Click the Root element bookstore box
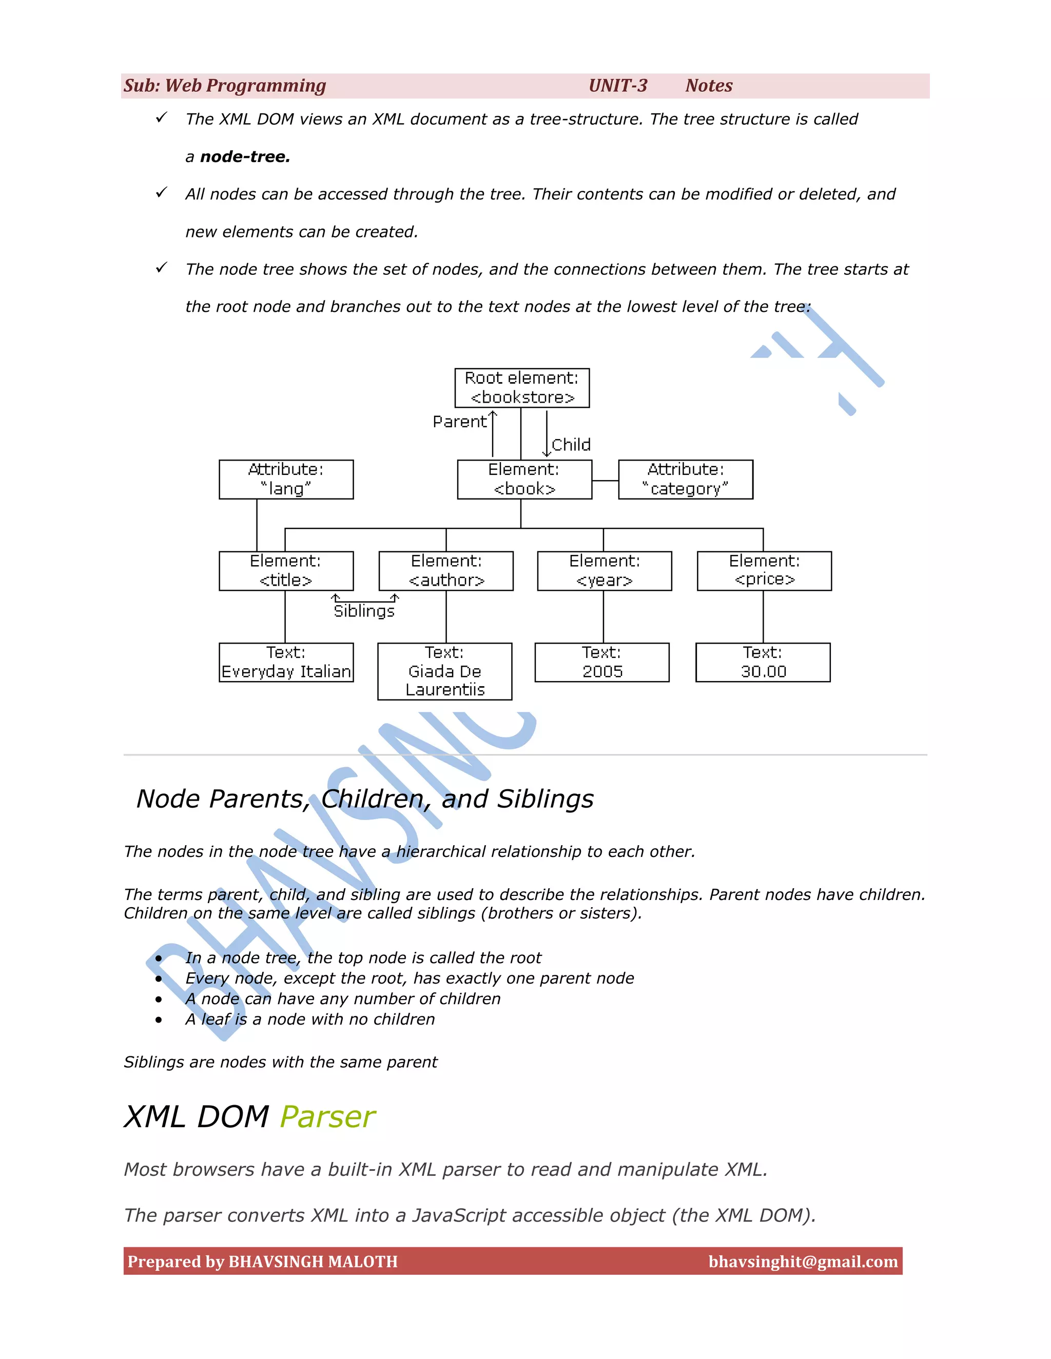522,388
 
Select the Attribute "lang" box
286,479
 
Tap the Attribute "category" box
685,479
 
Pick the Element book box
524,479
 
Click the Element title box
286,571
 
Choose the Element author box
446,571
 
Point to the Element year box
604,571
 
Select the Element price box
764,571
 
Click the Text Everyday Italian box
286,662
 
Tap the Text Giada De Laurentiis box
444,671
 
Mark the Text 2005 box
601,662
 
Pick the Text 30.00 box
763,662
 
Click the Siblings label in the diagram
364,611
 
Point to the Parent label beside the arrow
459,422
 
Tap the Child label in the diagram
571,445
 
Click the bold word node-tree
245,157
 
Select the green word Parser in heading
327,1116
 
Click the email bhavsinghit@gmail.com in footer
803,1262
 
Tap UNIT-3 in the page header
618,86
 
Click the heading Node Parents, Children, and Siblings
365,798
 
